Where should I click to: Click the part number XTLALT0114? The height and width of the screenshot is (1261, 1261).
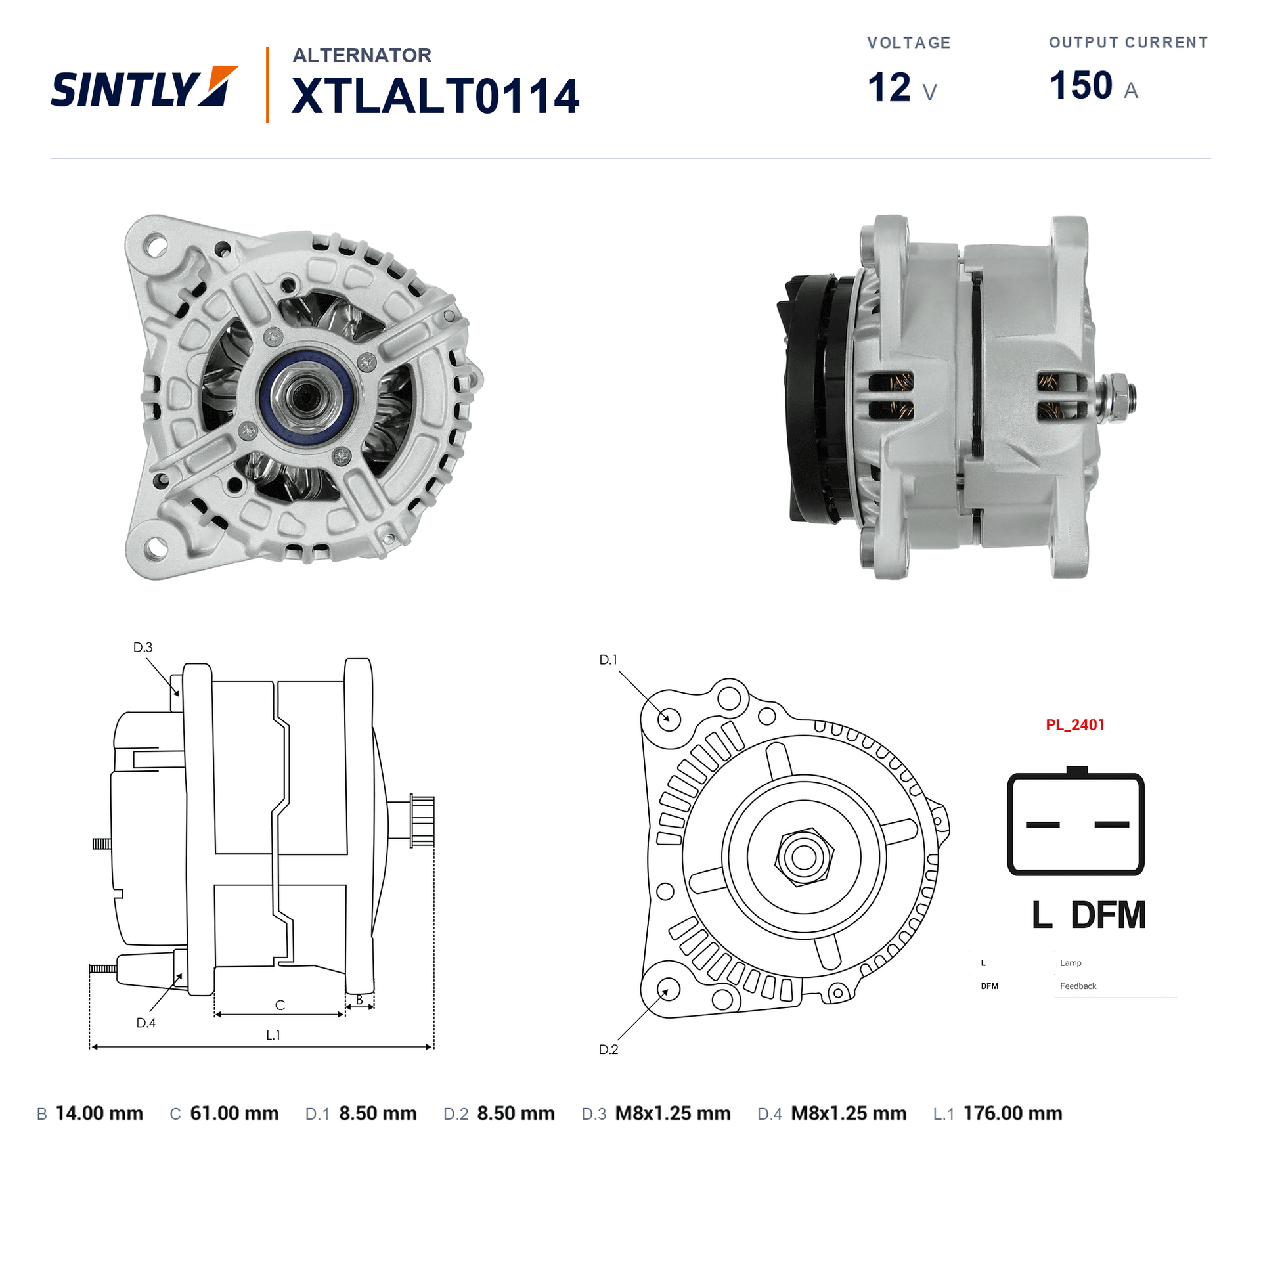pos(435,97)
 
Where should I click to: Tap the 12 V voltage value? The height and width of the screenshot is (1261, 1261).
pos(902,87)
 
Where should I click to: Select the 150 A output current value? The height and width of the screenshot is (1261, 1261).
pos(1094,86)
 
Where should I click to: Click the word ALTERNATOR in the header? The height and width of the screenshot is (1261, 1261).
pos(362,55)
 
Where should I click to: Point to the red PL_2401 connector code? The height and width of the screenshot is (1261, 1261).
pos(1075,725)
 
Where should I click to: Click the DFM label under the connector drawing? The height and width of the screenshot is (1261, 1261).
pos(1108,915)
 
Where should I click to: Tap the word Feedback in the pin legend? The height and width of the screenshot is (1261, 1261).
pos(1078,986)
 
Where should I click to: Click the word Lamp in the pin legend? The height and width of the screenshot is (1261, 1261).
pos(1071,963)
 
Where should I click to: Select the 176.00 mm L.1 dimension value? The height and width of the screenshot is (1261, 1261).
pos(1013,1113)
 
